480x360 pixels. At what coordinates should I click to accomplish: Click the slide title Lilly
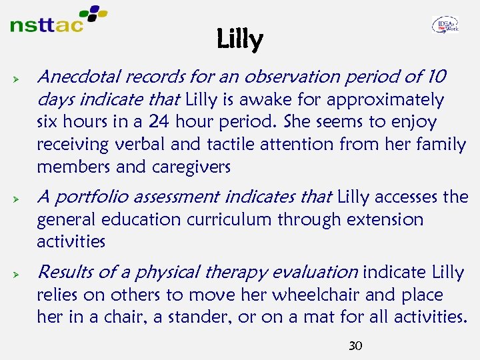coord(240,40)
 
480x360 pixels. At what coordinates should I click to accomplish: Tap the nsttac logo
coord(59,20)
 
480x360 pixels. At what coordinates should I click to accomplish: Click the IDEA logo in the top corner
coord(445,25)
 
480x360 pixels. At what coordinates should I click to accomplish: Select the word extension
coord(383,219)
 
